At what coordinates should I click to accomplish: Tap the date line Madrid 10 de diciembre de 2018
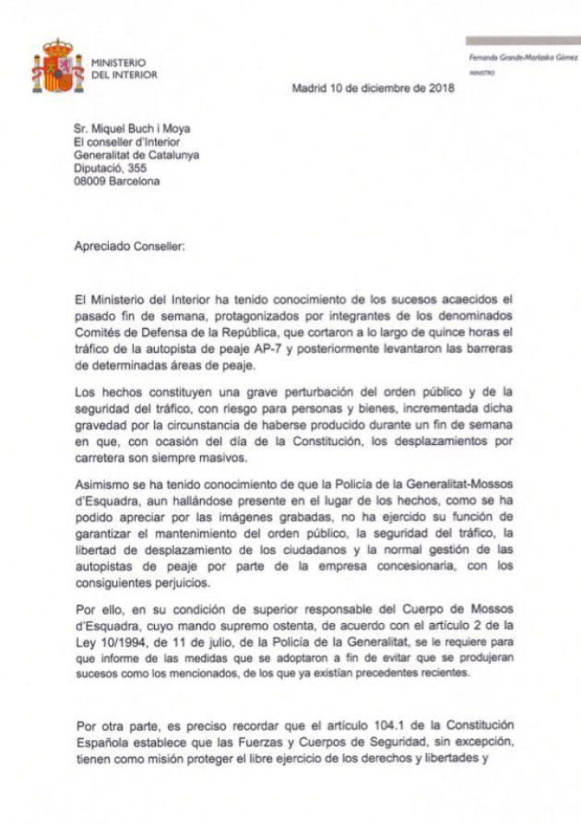373,89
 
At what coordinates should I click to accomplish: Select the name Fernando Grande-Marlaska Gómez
523,59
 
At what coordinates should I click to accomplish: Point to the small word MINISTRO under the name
481,73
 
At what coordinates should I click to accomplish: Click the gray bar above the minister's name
523,40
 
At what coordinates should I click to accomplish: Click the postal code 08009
91,181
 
